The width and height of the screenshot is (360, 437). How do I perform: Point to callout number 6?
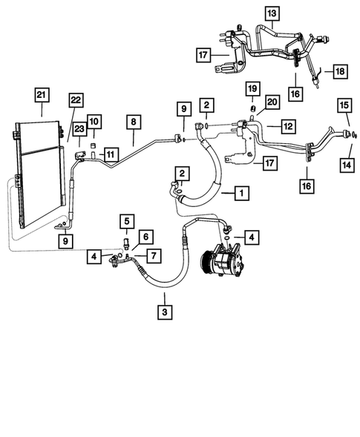145,237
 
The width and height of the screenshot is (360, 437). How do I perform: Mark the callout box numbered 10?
94,121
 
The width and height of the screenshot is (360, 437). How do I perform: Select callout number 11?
111,154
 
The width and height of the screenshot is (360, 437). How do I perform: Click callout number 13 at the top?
273,14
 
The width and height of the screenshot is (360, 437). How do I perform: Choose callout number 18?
340,70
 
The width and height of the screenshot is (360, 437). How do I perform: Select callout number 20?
271,102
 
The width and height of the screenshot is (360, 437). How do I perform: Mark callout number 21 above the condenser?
41,94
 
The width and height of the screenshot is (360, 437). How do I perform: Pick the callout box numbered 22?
76,101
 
